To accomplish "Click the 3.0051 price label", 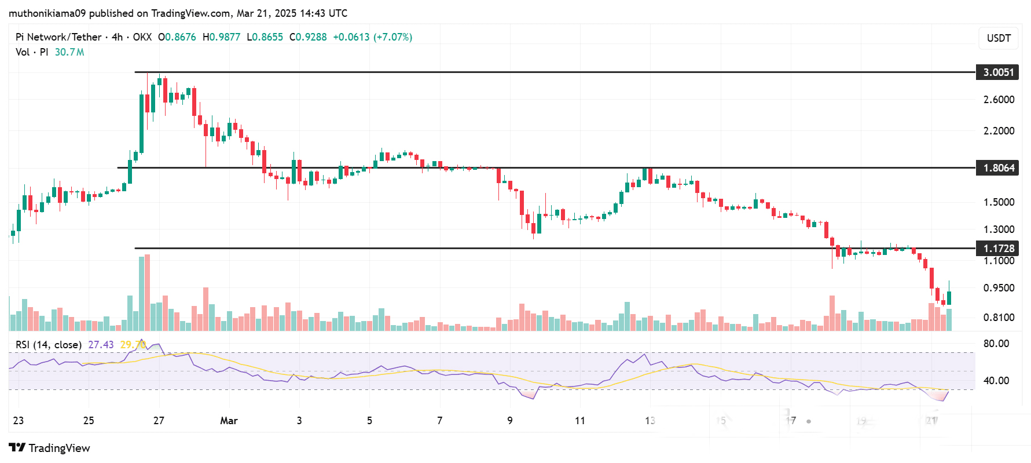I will [998, 72].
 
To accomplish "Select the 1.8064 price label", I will [998, 168].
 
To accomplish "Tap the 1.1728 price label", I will [998, 249].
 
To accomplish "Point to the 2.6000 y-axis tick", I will [999, 100].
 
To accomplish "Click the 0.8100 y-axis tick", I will [999, 318].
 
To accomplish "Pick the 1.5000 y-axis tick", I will [999, 202].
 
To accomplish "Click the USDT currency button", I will [999, 38].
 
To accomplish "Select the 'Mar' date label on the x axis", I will [229, 421].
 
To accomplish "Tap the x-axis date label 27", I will [159, 421].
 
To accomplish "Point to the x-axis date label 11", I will [580, 421].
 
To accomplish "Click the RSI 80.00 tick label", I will [996, 344].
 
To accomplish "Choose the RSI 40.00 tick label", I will [996, 381].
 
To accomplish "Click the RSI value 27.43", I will [101, 345].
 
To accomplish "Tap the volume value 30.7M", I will [69, 52].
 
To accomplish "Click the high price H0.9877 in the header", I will [221, 37].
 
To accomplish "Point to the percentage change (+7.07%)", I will [392, 37].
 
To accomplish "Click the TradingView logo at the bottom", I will [50, 448].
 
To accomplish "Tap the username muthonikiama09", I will [47, 13].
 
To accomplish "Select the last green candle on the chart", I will [949, 297].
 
